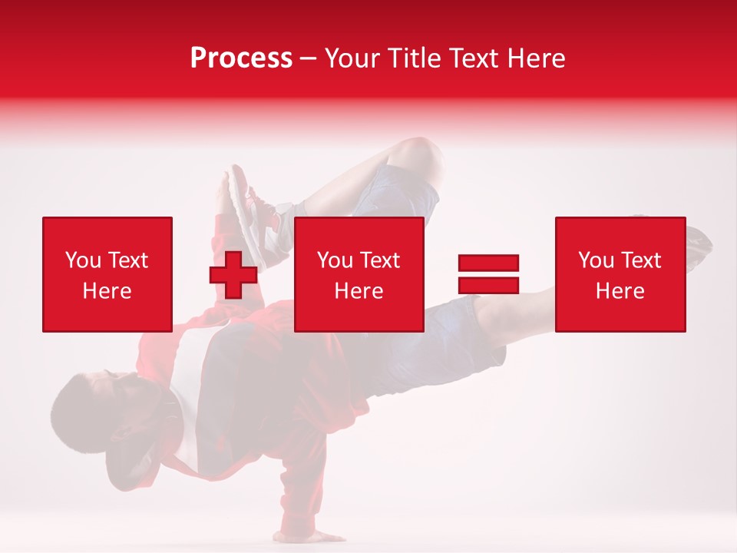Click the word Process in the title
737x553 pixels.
(241, 58)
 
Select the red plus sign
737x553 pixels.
(233, 275)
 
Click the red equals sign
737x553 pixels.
(488, 274)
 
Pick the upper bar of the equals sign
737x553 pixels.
(488, 263)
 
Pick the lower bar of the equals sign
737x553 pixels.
(488, 285)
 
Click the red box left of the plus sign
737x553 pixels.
(107, 274)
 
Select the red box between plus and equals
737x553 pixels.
(359, 274)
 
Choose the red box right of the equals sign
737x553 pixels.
(620, 274)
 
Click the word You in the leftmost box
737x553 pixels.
(83, 260)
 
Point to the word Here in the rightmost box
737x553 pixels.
(620, 291)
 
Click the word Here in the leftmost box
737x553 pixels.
(107, 291)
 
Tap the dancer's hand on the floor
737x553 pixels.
(322, 535)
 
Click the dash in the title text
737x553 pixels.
(309, 59)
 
